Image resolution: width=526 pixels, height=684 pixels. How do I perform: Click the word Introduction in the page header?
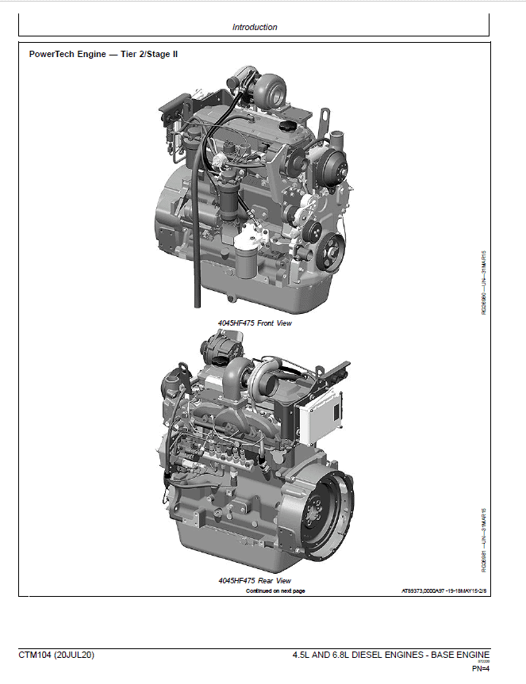[x=255, y=27]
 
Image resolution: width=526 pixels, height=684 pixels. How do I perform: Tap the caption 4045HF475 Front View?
[x=255, y=324]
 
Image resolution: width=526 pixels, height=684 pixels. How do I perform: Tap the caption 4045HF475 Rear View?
[x=255, y=581]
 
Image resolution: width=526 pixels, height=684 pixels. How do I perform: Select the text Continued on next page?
[x=275, y=591]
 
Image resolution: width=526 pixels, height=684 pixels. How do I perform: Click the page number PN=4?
[x=481, y=668]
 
